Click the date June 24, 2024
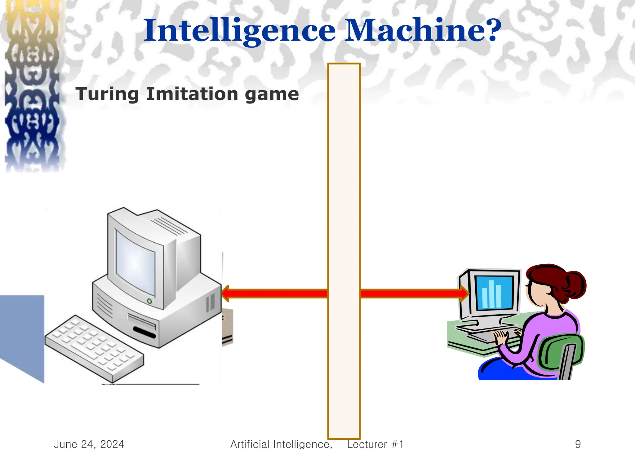click(89, 444)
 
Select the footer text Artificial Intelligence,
click(281, 444)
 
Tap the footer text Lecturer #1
click(375, 444)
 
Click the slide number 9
click(578, 444)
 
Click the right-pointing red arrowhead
click(464, 293)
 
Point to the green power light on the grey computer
click(149, 301)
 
